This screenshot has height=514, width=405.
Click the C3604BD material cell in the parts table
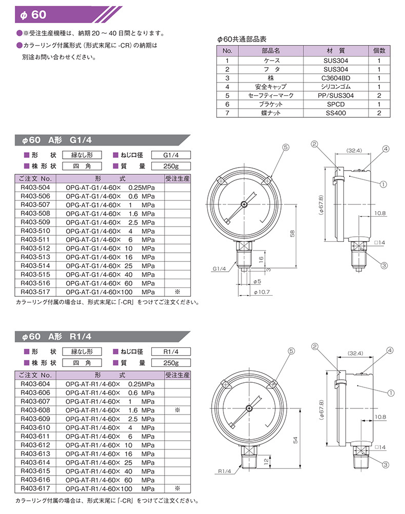point(337,78)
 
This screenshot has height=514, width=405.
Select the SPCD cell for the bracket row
point(337,104)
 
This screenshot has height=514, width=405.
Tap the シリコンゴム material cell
point(337,87)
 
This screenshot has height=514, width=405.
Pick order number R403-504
point(34,187)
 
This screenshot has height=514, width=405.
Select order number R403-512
point(34,248)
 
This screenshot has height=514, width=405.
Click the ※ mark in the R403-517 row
point(177,292)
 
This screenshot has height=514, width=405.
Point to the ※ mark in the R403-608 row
point(177,410)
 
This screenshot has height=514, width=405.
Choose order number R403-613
point(34,454)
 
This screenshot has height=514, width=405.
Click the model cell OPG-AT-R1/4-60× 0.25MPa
point(109,384)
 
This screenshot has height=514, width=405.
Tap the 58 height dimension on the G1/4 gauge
point(292,233)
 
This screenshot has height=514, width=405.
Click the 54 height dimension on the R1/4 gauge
point(295,440)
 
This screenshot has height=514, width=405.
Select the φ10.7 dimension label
point(262,292)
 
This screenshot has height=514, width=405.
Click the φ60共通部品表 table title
point(242,39)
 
